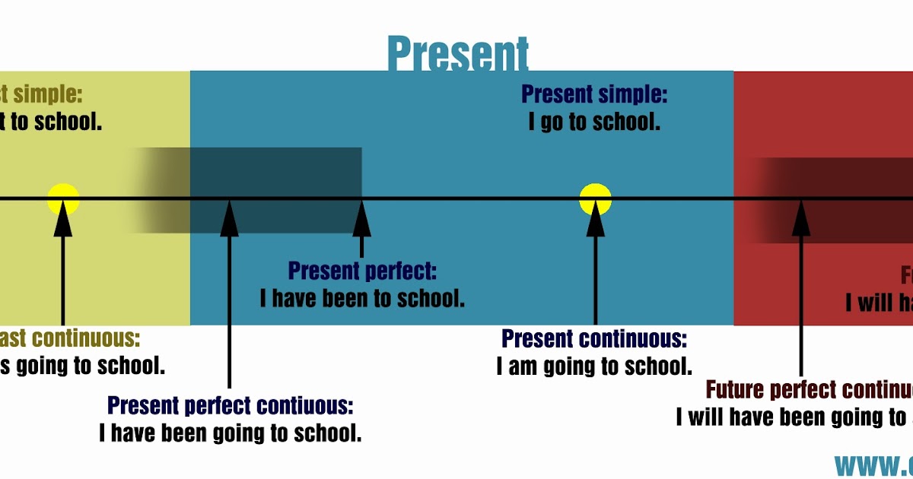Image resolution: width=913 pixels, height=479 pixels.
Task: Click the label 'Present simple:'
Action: tap(593, 95)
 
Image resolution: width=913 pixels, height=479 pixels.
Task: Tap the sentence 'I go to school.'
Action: tap(593, 122)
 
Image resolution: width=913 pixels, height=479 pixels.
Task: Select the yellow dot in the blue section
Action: tap(595, 199)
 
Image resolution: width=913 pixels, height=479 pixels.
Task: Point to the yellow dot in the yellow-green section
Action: tap(63, 199)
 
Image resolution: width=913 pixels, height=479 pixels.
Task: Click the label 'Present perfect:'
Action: tap(362, 271)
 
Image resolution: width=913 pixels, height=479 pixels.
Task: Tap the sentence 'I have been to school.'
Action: tap(362, 298)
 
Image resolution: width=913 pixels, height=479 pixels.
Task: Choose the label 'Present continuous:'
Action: tap(594, 339)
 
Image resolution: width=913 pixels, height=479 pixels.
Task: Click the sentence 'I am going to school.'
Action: tap(594, 366)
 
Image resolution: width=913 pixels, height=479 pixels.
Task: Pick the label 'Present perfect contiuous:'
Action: tap(230, 405)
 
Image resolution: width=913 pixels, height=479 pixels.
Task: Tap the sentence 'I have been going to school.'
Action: tap(230, 433)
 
